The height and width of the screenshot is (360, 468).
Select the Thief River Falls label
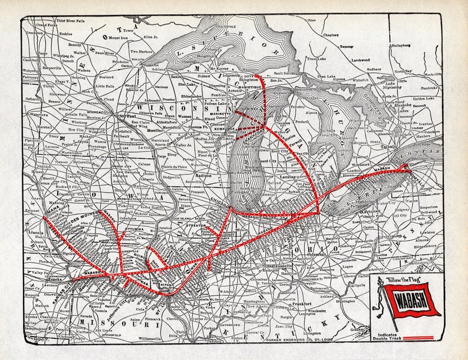tap(55, 20)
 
